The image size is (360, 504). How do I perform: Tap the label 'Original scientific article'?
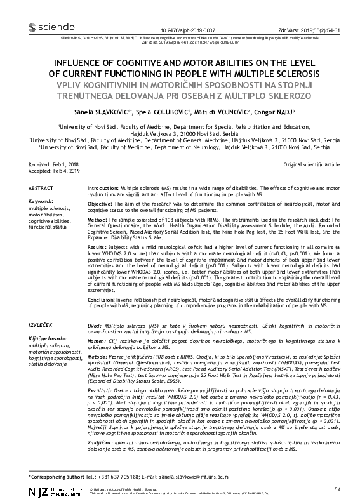point(311,164)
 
